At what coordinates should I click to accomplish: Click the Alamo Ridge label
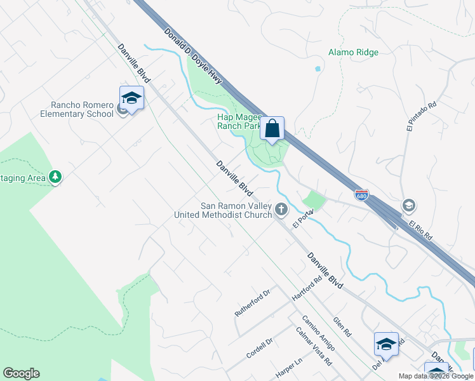click(x=354, y=53)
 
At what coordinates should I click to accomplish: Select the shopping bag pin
click(x=272, y=129)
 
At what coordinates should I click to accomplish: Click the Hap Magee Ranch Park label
click(x=239, y=121)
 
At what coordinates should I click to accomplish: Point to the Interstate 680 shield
click(x=361, y=194)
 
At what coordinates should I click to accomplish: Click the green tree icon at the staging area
click(x=55, y=177)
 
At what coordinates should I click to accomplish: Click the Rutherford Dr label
click(x=252, y=302)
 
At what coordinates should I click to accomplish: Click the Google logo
click(x=21, y=373)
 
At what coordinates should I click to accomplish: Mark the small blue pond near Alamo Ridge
click(x=317, y=68)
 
